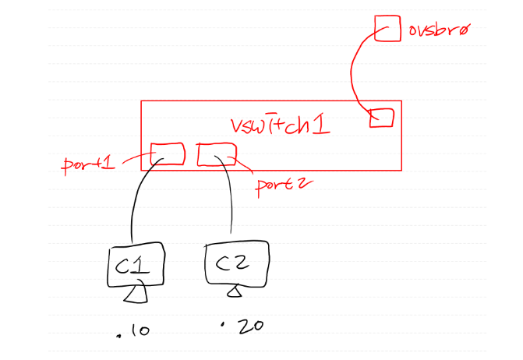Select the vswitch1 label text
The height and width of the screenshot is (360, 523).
click(281, 124)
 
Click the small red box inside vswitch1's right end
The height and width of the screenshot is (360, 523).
click(381, 118)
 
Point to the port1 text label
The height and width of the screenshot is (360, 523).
click(88, 165)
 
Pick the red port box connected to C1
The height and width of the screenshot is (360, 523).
click(167, 154)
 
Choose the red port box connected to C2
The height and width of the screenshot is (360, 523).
click(216, 154)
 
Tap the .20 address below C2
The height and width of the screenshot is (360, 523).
click(243, 326)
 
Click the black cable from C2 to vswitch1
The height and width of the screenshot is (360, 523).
click(231, 199)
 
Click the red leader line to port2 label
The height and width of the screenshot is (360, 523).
click(243, 165)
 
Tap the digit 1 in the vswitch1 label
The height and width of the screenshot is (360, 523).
click(320, 124)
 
